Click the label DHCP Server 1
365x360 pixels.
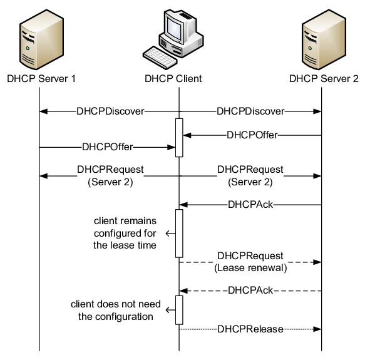pyautogui.click(x=41, y=79)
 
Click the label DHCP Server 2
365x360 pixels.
pyautogui.click(x=324, y=79)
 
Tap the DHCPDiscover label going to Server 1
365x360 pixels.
pyautogui.click(x=111, y=111)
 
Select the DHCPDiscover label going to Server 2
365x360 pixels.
pyautogui.click(x=250, y=111)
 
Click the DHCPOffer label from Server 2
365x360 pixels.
pyautogui.click(x=252, y=134)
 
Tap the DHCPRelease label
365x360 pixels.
pyautogui.click(x=250, y=329)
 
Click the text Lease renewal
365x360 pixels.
pyautogui.click(x=250, y=268)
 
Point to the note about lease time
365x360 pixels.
pyautogui.click(x=125, y=234)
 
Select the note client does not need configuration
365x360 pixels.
pyautogui.click(x=112, y=310)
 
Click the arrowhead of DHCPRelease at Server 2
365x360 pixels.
pyautogui.click(x=318, y=329)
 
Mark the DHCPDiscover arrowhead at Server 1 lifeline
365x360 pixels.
pyautogui.click(x=43, y=111)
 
